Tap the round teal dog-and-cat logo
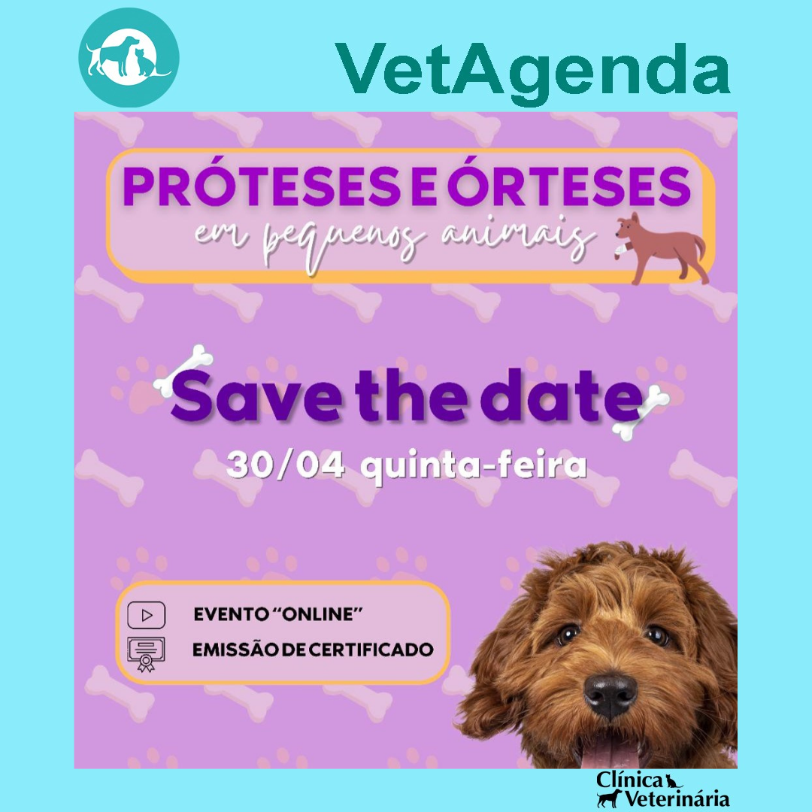click(129, 57)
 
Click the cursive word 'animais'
click(518, 239)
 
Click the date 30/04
click(286, 465)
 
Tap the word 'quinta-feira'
click(474, 467)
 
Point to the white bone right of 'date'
click(641, 413)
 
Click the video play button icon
click(147, 615)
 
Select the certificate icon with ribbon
click(146, 654)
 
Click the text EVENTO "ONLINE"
click(278, 614)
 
